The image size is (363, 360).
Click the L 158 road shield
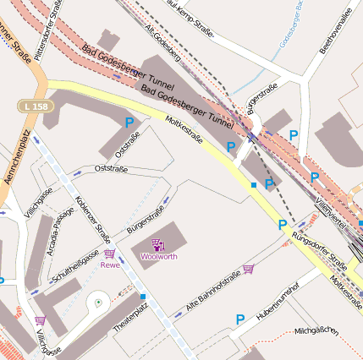[x=31, y=106]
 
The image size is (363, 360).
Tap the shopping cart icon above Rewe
[x=109, y=254]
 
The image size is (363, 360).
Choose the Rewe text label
[x=110, y=265]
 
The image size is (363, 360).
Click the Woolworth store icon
[x=158, y=245]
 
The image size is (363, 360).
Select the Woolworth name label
[x=159, y=256]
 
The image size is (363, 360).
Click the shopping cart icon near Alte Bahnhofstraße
[x=248, y=269]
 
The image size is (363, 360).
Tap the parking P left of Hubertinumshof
[x=240, y=319]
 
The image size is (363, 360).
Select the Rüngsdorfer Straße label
[x=320, y=246]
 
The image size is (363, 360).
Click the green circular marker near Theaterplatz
[x=98, y=302]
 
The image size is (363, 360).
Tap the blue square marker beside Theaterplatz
[x=143, y=296]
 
